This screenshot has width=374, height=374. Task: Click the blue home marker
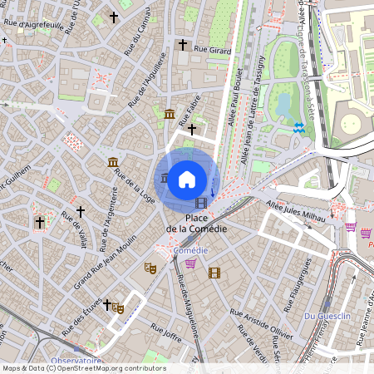[x=187, y=179]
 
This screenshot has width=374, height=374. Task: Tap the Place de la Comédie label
[x=192, y=223]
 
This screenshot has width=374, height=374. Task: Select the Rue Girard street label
[x=212, y=50]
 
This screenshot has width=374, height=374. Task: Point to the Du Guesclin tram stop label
[x=325, y=316]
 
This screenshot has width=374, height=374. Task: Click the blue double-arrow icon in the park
[x=298, y=127]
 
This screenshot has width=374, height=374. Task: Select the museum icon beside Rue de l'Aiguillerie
[x=170, y=114]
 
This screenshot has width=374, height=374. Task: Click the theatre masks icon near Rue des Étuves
[x=119, y=308]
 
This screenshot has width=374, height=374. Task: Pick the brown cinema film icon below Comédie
[x=214, y=273]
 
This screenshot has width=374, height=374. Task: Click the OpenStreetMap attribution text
[x=84, y=368]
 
